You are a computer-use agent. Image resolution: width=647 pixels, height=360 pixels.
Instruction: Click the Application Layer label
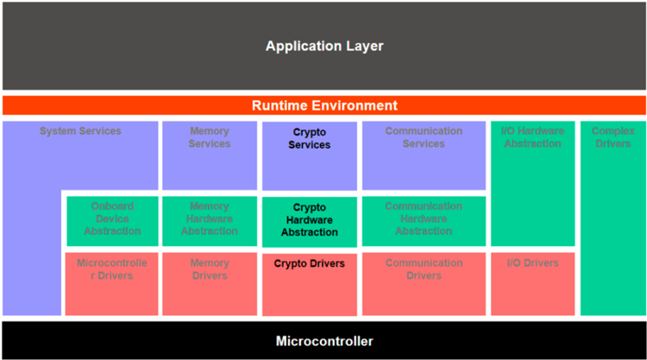point(324,46)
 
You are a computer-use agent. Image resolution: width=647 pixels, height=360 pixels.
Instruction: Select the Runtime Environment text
point(324,105)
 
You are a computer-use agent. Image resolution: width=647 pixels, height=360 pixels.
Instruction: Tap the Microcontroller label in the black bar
point(324,341)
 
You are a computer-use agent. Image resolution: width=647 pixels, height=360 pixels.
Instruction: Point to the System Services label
point(80,131)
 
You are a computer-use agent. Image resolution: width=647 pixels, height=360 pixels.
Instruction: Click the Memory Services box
point(210,155)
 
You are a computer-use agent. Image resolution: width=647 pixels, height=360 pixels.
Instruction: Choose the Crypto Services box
point(310,156)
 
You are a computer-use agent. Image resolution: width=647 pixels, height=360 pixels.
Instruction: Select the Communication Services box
point(424,155)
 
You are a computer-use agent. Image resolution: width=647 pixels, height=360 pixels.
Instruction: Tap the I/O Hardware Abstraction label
point(533,137)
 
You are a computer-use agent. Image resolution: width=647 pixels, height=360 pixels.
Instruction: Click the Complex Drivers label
point(613,137)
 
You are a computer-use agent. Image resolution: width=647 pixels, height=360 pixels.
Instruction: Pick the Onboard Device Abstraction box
point(112,221)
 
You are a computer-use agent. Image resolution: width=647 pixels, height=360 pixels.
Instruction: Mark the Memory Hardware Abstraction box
point(210,221)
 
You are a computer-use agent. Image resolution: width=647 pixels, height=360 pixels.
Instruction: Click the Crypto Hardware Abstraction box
point(310,222)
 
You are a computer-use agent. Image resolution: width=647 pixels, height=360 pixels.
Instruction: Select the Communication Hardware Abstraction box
point(424,221)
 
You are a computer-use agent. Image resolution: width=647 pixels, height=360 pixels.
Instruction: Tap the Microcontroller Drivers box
point(112,284)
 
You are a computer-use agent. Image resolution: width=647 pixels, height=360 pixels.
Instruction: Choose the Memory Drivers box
point(210,284)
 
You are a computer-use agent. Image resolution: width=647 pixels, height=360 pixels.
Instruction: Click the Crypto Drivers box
point(310,284)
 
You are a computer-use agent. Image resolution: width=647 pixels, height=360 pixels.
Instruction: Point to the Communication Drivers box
point(424,284)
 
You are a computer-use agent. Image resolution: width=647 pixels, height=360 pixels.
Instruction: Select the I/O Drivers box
point(533,284)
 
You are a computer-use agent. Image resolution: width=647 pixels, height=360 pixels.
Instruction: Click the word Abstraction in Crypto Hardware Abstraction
point(310,232)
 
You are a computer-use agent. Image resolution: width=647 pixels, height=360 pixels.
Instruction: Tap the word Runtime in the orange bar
point(279,105)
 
